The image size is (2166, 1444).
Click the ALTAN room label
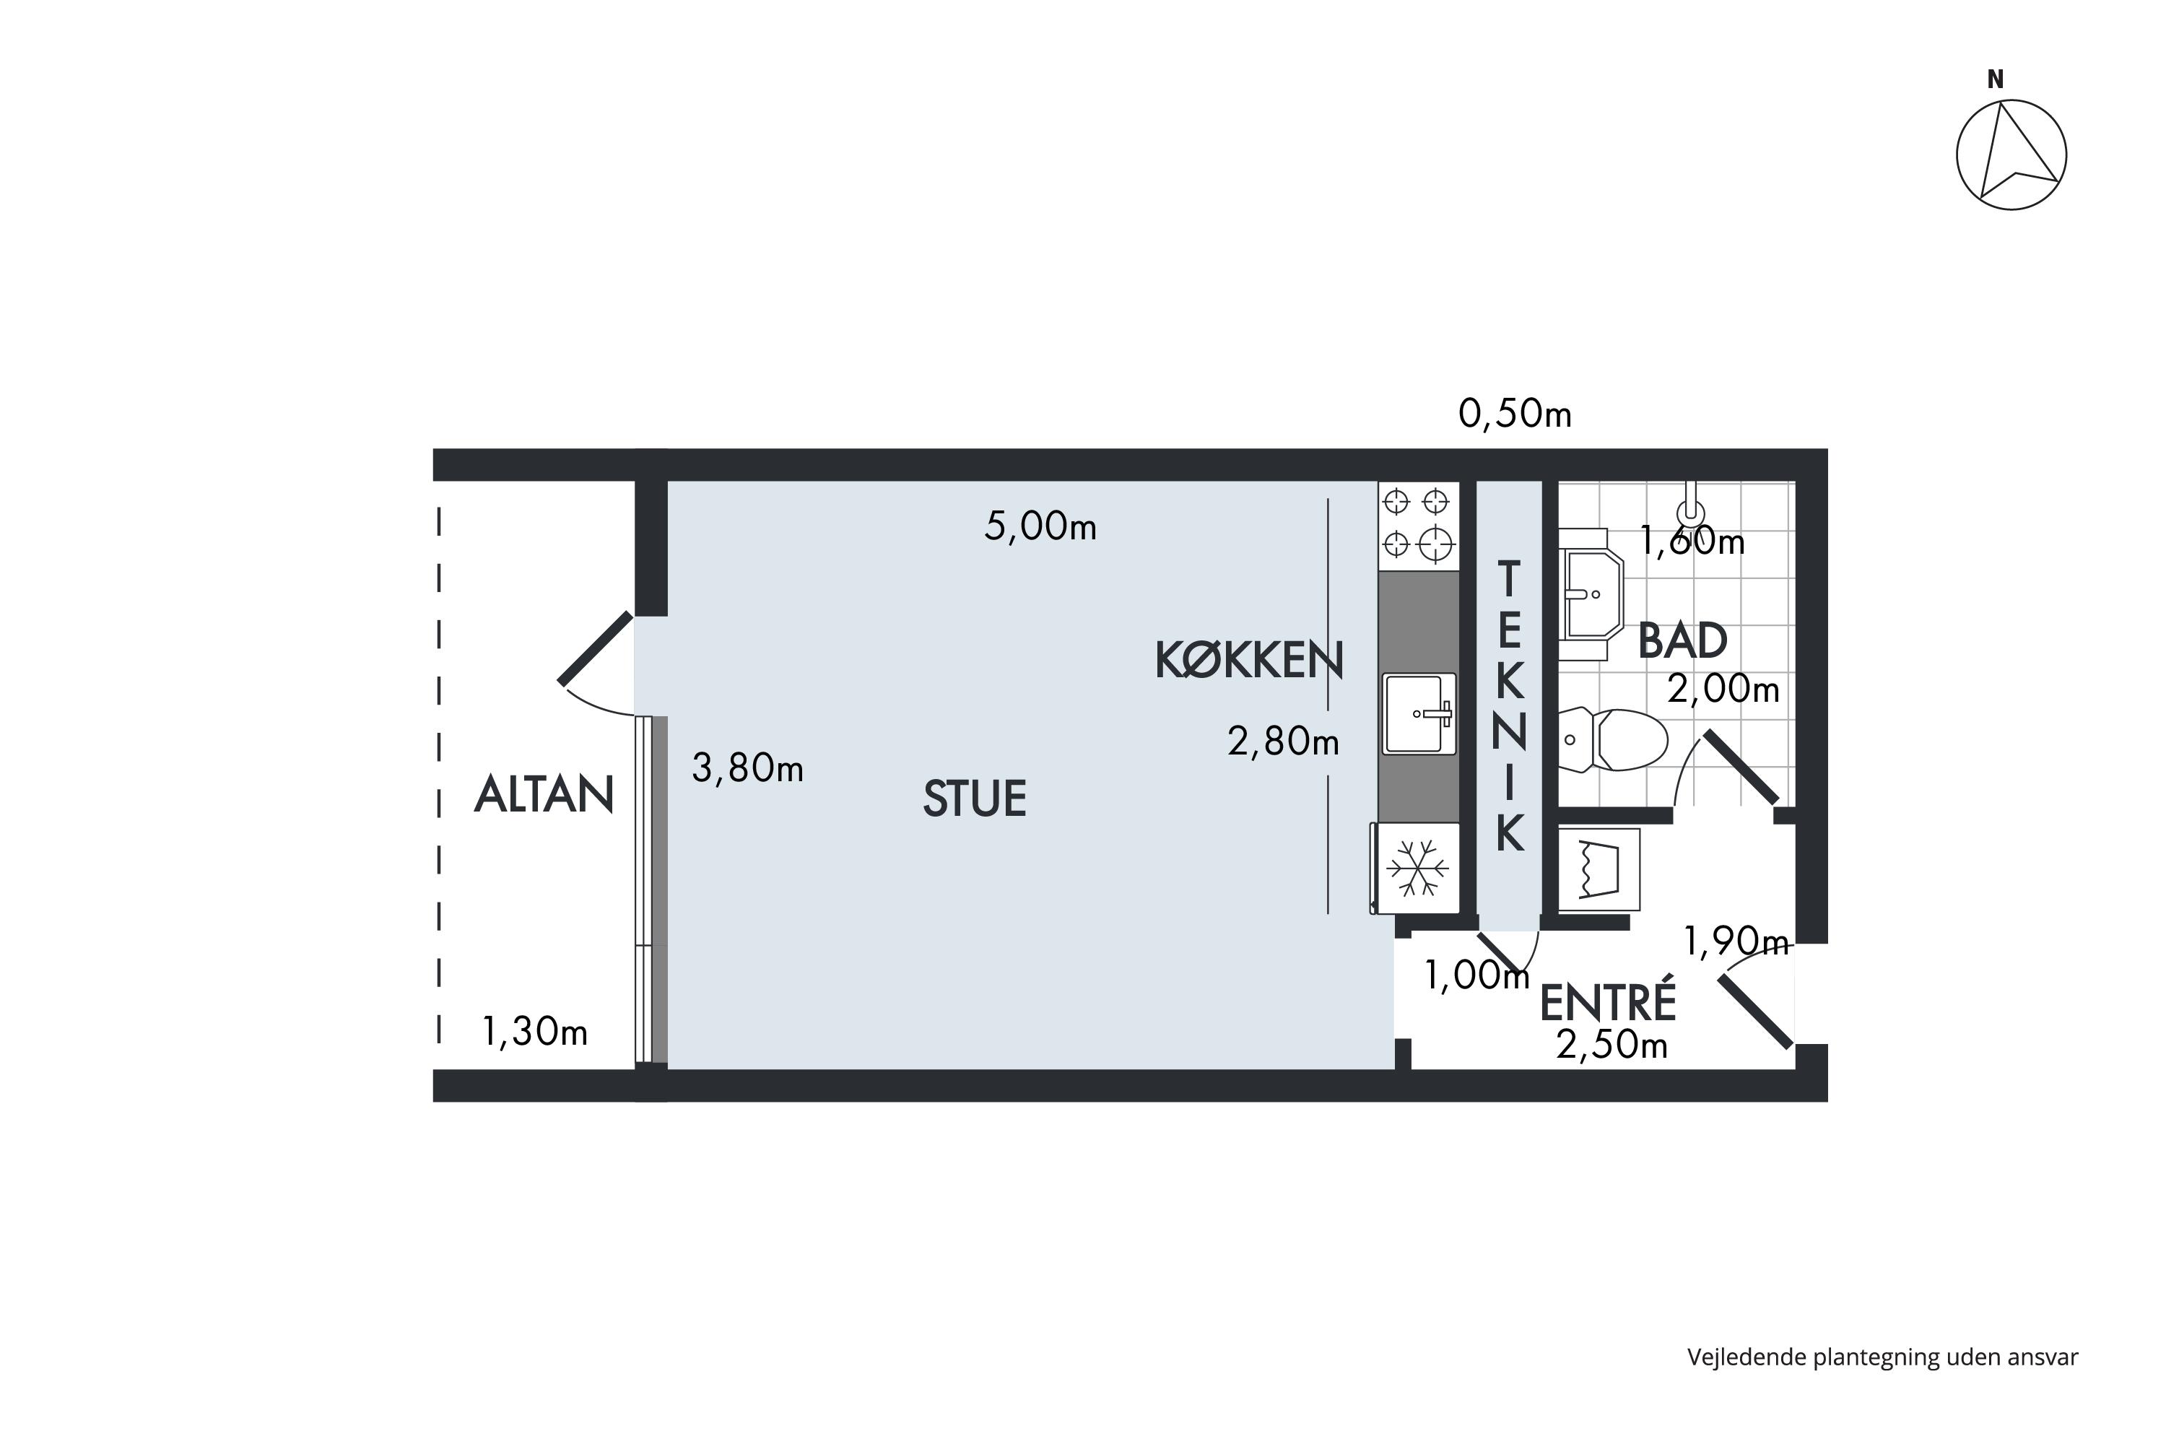[x=544, y=795]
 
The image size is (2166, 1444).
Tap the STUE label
[x=974, y=799]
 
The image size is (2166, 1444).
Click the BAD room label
[x=1682, y=641]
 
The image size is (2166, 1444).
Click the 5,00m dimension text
[x=1040, y=527]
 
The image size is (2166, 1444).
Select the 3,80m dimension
[x=747, y=768]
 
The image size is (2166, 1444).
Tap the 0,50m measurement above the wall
[x=1515, y=414]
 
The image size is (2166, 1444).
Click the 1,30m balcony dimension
[x=534, y=1032]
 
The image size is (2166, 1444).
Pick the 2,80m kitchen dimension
[x=1283, y=741]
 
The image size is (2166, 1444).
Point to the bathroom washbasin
[x=1591, y=594]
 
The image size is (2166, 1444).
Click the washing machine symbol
[x=1599, y=869]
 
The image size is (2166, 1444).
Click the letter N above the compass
[x=1996, y=80]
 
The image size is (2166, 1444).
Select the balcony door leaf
[x=595, y=648]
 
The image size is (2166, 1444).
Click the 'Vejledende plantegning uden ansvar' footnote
[x=1882, y=1357]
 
